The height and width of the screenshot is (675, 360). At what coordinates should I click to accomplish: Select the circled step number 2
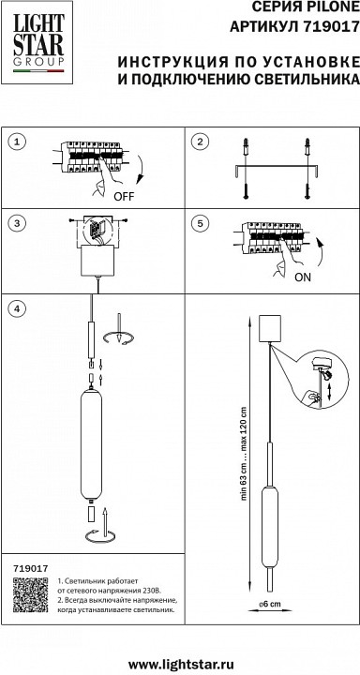pos(200,142)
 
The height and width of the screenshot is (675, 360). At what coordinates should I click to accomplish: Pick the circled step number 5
pos(200,223)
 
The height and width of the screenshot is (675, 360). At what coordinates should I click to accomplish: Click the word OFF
pos(124,197)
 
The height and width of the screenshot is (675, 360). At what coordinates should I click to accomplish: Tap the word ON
pos(302,277)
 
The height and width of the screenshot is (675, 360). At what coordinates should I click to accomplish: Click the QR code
pos(30,595)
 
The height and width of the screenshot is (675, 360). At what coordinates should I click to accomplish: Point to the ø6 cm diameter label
pos(270,604)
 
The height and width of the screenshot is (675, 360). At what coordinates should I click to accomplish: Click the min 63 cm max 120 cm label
pos(244,454)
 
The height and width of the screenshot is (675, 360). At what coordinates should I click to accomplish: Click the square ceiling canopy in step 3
pos(98,261)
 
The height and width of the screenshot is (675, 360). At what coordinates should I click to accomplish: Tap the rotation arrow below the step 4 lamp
pos(100,536)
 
